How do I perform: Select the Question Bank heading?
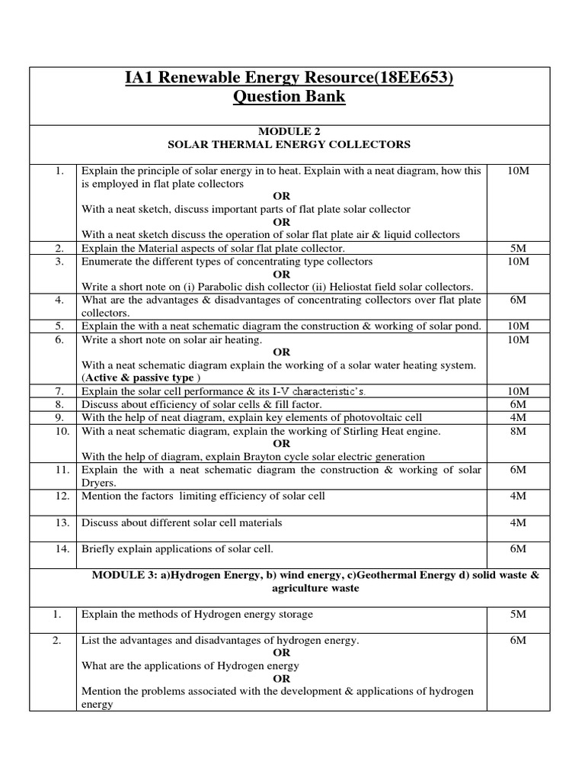(289, 97)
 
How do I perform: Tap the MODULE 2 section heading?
(289, 131)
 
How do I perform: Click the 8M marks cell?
(518, 431)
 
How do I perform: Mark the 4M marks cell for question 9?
(518, 417)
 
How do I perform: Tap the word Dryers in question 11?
(99, 483)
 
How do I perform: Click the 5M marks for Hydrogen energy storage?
(518, 614)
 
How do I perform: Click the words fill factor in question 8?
(298, 404)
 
